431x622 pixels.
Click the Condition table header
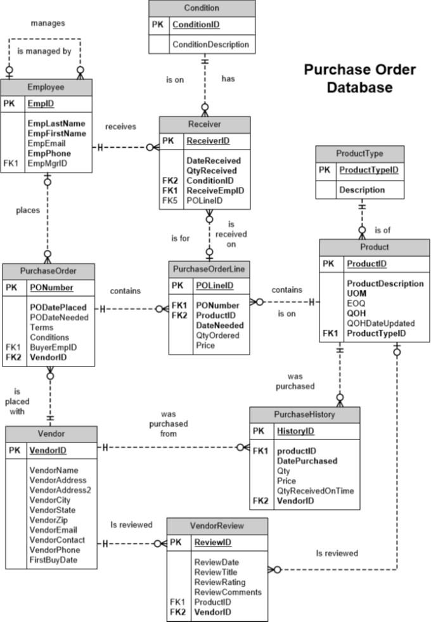(x=202, y=8)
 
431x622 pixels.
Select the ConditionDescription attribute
(x=210, y=45)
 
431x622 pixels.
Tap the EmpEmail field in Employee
(x=48, y=144)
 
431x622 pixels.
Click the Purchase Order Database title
(x=359, y=78)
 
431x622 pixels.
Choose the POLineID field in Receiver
(x=204, y=200)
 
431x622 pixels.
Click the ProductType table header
(x=360, y=153)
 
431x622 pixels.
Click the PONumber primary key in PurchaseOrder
(x=51, y=288)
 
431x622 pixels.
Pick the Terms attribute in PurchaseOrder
(x=42, y=327)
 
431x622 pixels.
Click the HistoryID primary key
(x=295, y=431)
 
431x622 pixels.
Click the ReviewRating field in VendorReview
(x=219, y=582)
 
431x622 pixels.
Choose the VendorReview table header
(x=217, y=526)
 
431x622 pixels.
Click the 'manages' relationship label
(x=48, y=23)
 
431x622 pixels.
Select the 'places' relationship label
(x=27, y=210)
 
